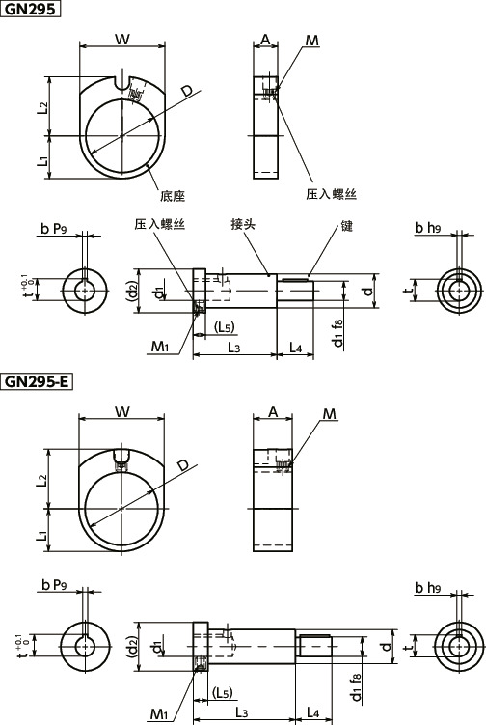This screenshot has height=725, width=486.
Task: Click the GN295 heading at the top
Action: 31,10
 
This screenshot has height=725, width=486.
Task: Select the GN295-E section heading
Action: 38,381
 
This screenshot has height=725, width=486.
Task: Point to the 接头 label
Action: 243,223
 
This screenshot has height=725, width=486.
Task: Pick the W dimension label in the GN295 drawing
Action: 121,39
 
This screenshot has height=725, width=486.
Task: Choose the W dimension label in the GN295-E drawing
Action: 121,412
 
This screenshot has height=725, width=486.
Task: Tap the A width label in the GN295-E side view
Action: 272,412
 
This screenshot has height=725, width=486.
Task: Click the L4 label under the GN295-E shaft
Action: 312,711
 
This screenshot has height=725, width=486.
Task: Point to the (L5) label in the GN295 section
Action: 224,327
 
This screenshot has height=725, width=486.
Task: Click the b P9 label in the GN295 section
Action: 54,229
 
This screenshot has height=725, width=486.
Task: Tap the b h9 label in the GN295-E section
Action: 427,588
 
